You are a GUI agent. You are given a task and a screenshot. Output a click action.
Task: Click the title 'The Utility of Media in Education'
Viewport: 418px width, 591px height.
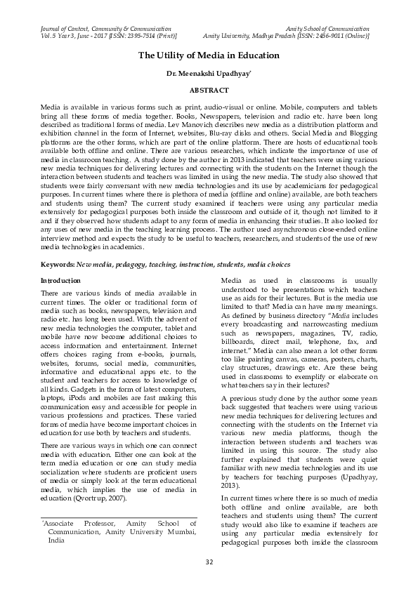pyautogui.click(x=209, y=55)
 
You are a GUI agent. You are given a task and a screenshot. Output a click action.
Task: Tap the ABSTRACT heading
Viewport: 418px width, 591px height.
pyautogui.click(x=209, y=91)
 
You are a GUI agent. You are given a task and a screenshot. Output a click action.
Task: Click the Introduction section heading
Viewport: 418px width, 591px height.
pyautogui.click(x=60, y=281)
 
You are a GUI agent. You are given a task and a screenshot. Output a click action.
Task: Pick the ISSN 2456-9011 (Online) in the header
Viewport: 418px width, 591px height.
pyautogui.click(x=344, y=34)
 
